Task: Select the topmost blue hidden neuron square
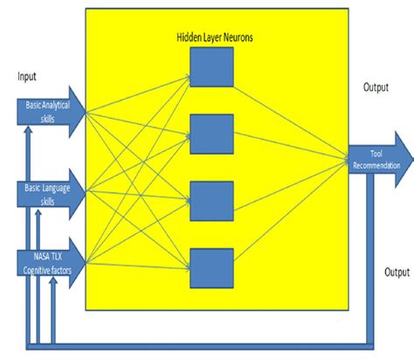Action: [x=211, y=68]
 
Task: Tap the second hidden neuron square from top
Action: [x=211, y=134]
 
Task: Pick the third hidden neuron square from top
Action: [x=211, y=200]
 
